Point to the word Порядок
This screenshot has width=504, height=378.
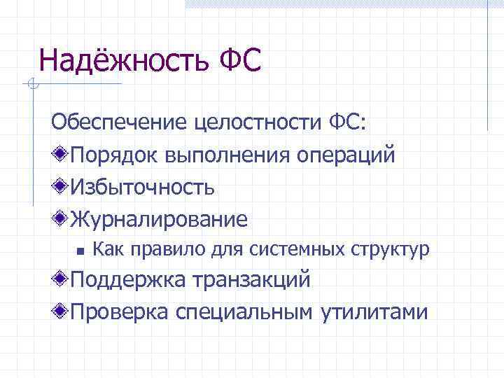114,155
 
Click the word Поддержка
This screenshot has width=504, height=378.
132,280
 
